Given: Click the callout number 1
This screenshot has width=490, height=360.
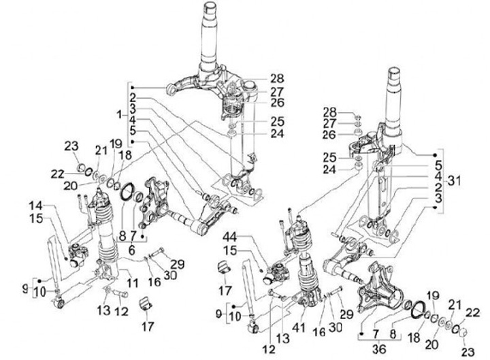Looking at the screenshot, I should (119, 112).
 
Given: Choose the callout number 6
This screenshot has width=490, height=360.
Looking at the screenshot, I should (130, 249).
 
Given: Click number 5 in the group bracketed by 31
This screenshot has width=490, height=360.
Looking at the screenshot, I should (438, 164).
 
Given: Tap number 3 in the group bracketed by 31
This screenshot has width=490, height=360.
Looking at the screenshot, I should (438, 197).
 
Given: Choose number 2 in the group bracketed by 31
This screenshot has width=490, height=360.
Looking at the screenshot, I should (438, 186).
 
